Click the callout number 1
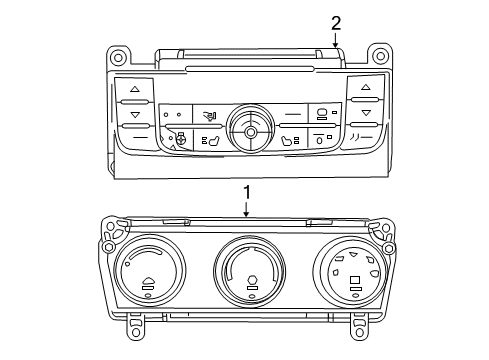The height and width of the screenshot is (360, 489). click(246, 190)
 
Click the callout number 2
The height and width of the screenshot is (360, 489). click(336, 22)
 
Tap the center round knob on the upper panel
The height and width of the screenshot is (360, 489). click(248, 127)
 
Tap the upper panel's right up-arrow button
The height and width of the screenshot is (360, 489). click(365, 88)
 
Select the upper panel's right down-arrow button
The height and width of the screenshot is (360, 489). click(365, 113)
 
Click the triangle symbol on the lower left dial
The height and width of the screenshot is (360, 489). click(148, 283)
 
